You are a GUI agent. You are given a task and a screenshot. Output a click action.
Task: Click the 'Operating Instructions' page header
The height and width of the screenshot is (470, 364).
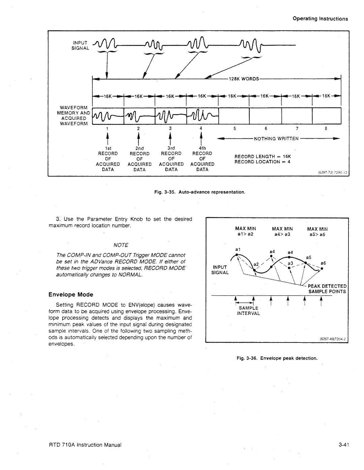point(320,19)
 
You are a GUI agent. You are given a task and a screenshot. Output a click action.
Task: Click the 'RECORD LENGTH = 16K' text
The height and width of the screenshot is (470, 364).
point(263,157)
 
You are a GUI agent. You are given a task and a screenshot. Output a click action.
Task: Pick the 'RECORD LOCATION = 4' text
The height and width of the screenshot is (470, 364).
point(263,162)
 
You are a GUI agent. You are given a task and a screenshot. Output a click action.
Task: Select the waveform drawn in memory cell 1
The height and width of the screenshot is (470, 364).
point(108,116)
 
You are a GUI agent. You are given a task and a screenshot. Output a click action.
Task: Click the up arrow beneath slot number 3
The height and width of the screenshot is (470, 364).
point(171,138)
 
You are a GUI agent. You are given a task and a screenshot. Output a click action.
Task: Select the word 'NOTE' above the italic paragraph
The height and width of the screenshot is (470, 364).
point(121,245)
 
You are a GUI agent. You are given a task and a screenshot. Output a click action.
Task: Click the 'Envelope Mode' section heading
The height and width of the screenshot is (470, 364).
point(71,294)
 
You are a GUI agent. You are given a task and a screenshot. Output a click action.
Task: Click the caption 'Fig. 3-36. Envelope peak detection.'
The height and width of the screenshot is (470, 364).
point(277,358)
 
